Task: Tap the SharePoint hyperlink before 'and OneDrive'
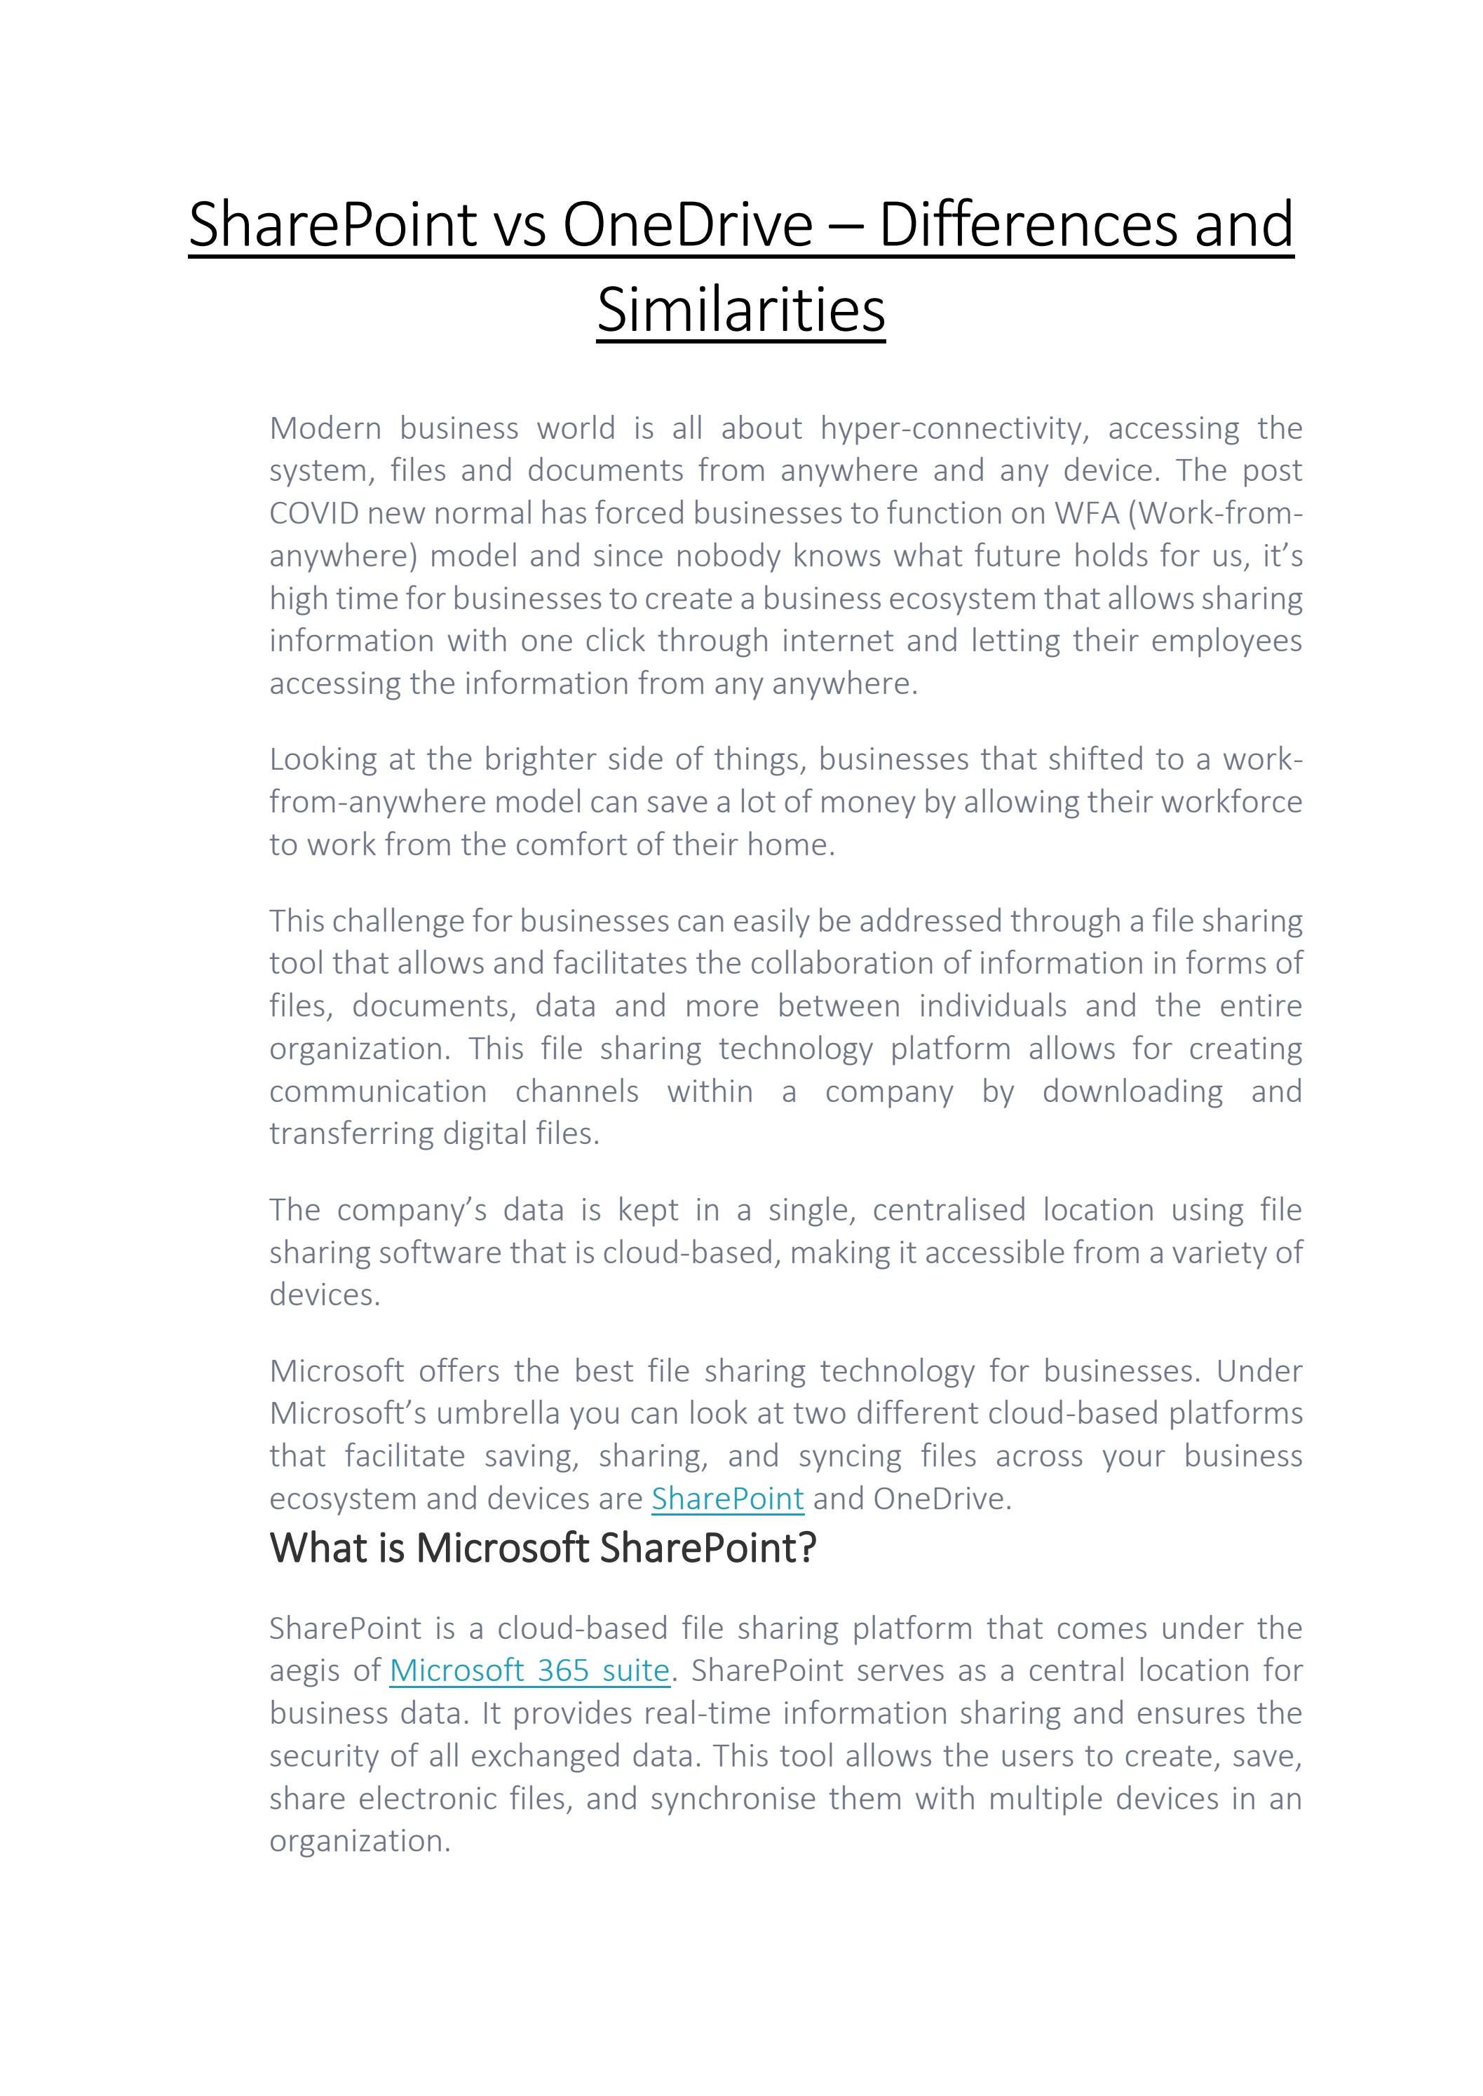coord(727,1498)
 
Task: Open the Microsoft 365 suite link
coord(529,1670)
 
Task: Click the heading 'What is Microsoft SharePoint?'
coord(543,1549)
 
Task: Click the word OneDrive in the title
coord(686,224)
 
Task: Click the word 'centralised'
coord(949,1210)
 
